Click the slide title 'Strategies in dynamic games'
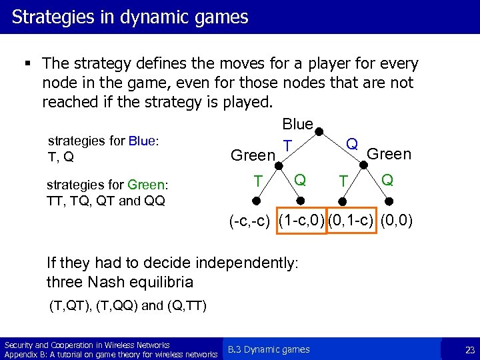(x=130, y=17)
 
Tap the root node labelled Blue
(x=297, y=124)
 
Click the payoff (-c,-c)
(x=249, y=221)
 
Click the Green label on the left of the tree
(x=253, y=156)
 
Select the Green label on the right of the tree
(x=389, y=155)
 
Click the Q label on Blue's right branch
(x=353, y=145)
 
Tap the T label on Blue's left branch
(x=287, y=146)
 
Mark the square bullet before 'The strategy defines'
(x=27, y=64)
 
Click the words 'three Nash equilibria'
(x=120, y=281)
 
